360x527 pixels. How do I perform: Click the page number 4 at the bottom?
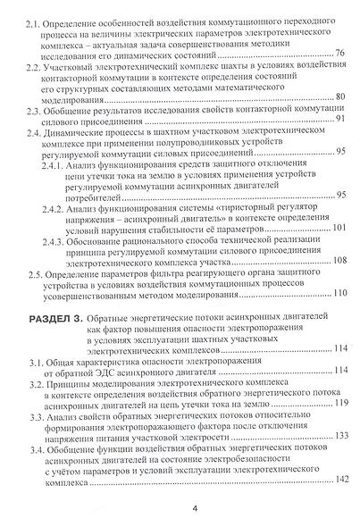181,509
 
